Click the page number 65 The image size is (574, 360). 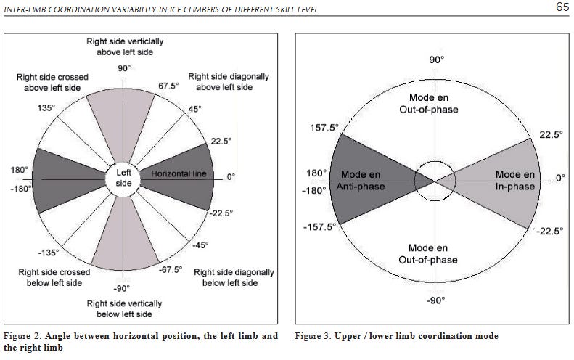[562, 8]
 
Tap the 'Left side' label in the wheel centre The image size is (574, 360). [124, 178]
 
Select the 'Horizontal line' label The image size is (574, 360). [179, 174]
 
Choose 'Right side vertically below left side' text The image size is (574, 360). [124, 308]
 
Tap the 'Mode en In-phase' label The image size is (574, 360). [515, 181]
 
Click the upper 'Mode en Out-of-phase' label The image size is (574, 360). [432, 103]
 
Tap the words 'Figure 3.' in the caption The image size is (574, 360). [313, 337]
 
